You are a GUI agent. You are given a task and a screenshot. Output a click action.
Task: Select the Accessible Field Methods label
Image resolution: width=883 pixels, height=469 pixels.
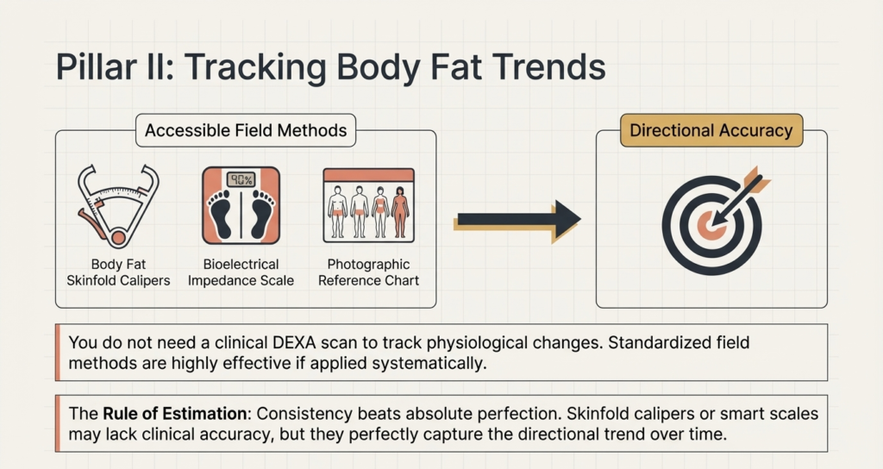click(246, 131)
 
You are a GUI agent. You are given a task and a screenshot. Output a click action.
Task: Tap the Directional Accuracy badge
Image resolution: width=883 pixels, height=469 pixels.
click(711, 131)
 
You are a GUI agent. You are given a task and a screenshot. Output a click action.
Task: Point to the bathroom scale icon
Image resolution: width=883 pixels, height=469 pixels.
click(241, 205)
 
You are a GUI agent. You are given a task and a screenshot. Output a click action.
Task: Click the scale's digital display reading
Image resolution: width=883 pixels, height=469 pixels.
click(241, 179)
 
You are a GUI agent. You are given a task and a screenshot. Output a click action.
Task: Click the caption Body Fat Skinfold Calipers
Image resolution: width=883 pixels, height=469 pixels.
click(118, 272)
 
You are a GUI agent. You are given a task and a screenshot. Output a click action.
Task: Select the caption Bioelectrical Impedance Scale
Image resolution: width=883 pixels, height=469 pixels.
click(241, 272)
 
